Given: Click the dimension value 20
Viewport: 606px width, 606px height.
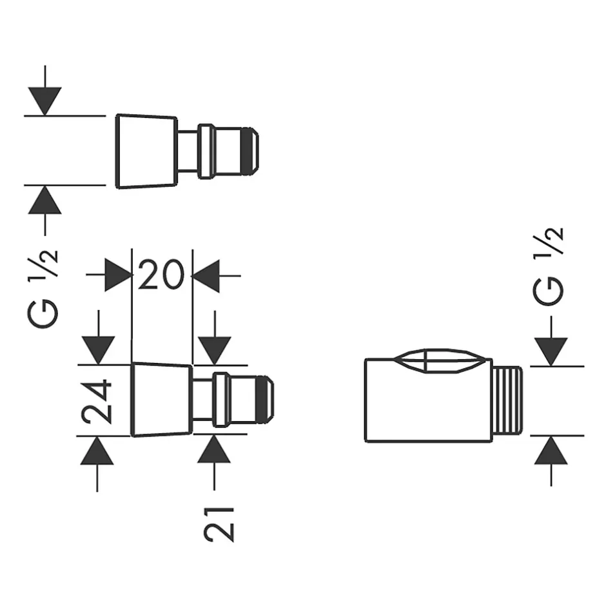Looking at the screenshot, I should tap(161, 276).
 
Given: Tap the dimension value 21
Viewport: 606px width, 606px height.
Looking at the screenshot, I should tap(218, 523).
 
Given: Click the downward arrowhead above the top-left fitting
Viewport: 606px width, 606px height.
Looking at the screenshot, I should tap(44, 101).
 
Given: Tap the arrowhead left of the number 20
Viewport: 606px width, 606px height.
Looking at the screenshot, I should tap(118, 276).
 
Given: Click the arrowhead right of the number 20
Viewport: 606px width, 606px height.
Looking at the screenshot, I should tap(206, 276).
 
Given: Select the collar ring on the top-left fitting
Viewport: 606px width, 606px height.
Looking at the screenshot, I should tap(207, 151).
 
